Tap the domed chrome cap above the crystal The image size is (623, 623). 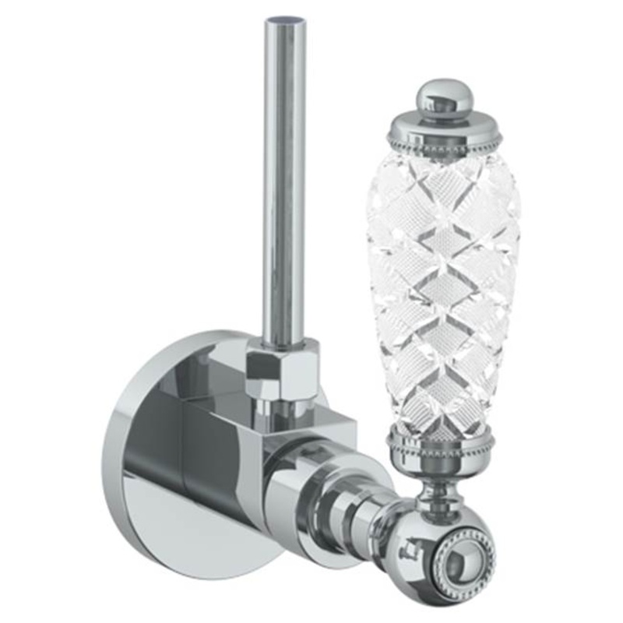coord(442,116)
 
